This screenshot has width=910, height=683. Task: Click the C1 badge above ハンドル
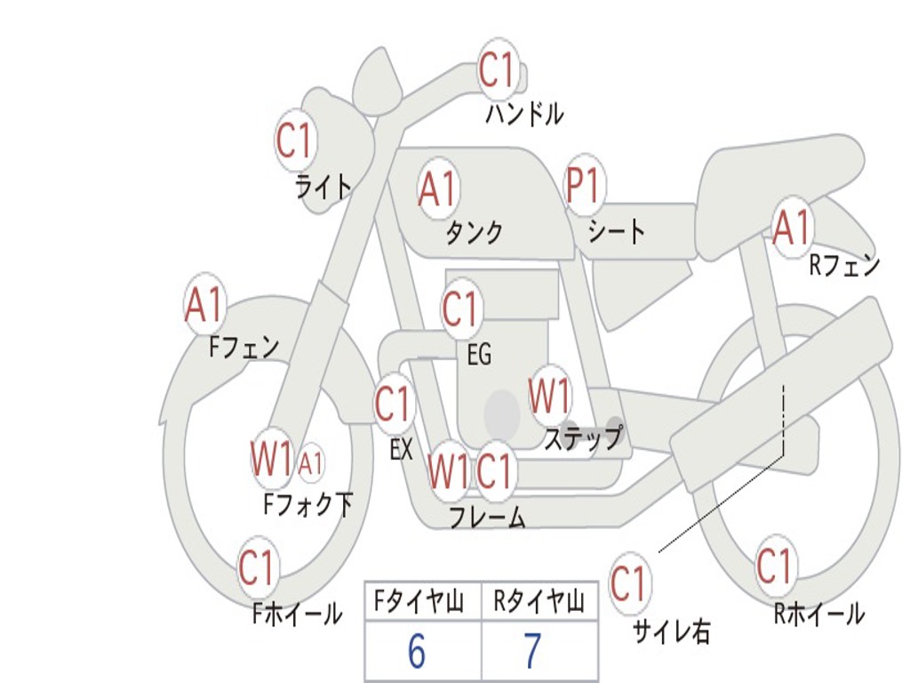(x=498, y=68)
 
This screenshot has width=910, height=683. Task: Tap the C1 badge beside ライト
(x=296, y=140)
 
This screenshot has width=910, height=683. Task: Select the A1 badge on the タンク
(x=437, y=189)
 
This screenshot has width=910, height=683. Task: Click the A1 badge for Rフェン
(x=792, y=228)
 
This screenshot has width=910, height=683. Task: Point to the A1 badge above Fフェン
(x=205, y=305)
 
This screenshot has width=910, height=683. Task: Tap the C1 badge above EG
(x=460, y=309)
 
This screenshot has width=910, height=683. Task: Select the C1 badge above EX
(x=393, y=405)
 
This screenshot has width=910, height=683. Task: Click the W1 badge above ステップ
(x=549, y=396)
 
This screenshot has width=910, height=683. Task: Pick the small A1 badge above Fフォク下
(x=310, y=463)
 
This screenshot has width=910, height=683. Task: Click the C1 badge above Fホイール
(x=257, y=567)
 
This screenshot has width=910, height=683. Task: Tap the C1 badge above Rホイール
(x=775, y=566)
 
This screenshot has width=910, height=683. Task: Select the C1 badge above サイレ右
(x=628, y=584)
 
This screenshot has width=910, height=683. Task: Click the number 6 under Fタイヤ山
(x=417, y=652)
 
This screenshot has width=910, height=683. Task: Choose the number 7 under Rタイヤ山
(x=532, y=652)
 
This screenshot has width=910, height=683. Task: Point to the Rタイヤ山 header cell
(x=539, y=603)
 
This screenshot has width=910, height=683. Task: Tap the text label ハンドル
(x=524, y=114)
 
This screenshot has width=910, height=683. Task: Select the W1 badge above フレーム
(x=447, y=470)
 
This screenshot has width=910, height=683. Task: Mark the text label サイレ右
(x=671, y=631)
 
